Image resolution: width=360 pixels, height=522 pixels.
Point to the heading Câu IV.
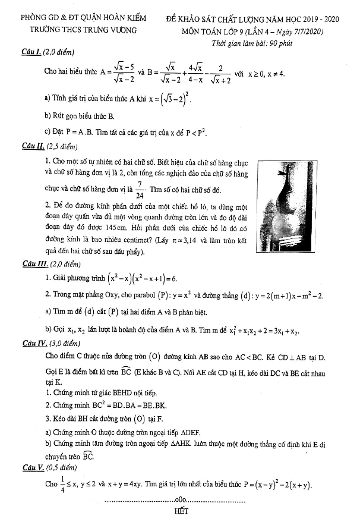coord(32,344)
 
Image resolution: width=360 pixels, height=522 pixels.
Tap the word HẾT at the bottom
coord(181,511)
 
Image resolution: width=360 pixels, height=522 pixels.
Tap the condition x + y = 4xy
coord(143,485)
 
